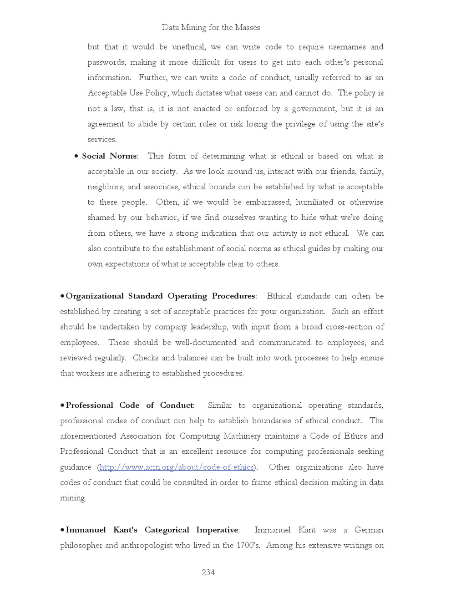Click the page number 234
208,573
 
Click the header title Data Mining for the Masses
211,27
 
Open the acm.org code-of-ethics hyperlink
176,467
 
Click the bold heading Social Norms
109,156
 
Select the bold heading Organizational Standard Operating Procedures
160,296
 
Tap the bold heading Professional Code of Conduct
130,405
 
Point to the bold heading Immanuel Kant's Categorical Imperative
152,530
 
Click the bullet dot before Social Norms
76,157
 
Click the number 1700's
248,546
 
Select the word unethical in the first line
188,47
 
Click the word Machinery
242,436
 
